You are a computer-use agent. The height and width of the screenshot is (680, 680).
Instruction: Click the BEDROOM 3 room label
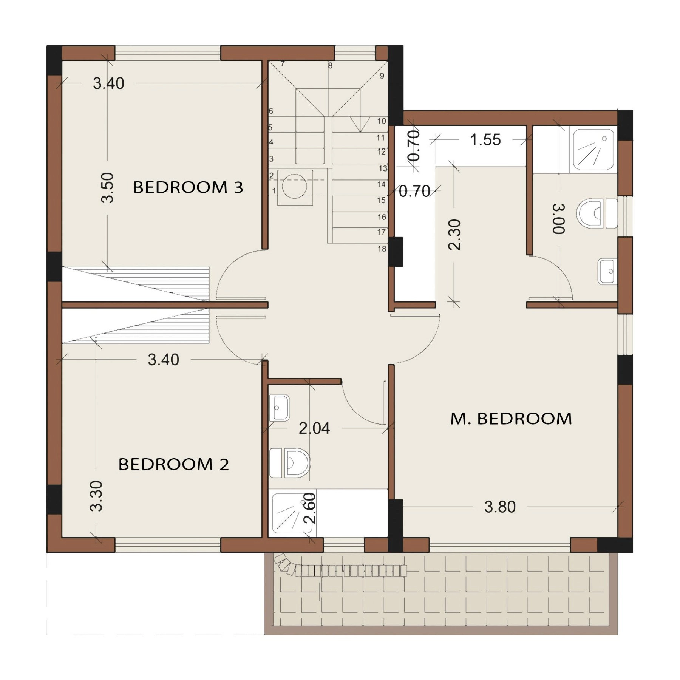[x=188, y=187]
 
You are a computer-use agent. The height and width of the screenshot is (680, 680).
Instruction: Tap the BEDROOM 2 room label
[x=173, y=464]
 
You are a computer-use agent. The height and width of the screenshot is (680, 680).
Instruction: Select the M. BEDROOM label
[x=511, y=419]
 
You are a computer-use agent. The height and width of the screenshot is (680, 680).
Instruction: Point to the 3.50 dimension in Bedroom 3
[x=108, y=188]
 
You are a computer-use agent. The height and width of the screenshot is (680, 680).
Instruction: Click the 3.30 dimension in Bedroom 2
[x=96, y=496]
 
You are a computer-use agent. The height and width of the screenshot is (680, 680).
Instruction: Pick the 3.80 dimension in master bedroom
[x=500, y=507]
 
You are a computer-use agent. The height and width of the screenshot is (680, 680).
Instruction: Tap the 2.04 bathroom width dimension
[x=314, y=428]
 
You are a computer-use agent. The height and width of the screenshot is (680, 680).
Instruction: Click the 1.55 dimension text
[x=485, y=140]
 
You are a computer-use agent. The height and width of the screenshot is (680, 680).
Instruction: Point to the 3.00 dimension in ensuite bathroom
[x=559, y=219]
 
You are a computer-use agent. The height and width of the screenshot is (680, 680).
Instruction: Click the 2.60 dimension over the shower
[x=309, y=508]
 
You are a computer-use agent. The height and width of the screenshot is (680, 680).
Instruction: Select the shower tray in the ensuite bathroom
[x=593, y=150]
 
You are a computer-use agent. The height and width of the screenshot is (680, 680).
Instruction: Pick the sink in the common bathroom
[x=280, y=408]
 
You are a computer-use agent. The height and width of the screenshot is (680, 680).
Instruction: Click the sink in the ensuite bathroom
[x=607, y=271]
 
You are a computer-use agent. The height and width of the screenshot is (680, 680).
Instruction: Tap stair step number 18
[x=382, y=249]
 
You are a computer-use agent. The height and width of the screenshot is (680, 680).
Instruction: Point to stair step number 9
[x=382, y=76]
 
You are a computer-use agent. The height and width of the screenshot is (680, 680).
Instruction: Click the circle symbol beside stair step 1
[x=295, y=186]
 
